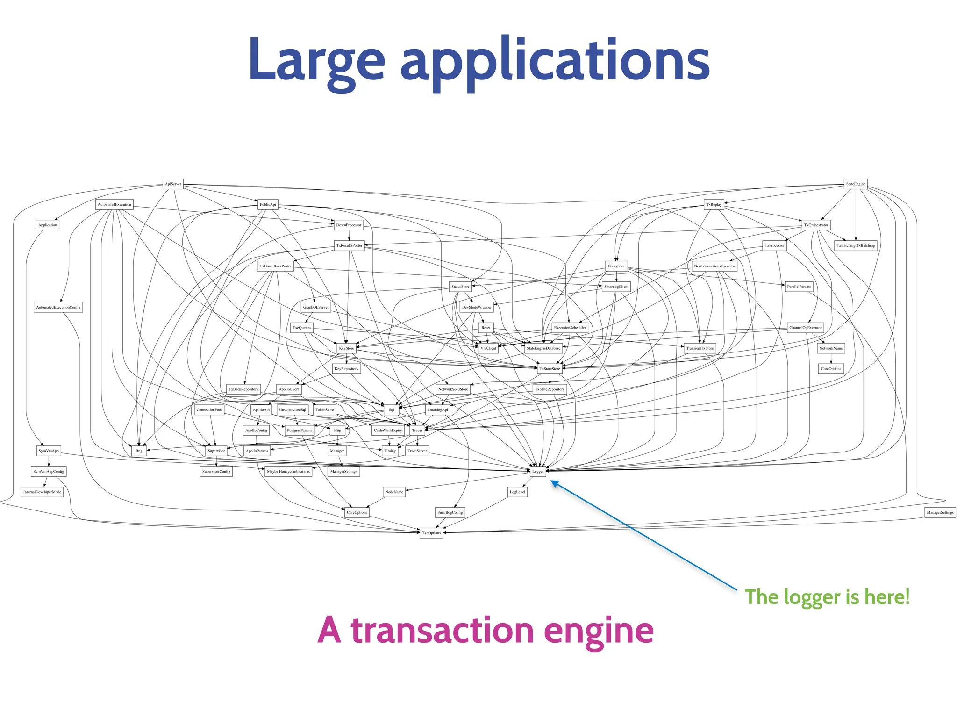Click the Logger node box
(538, 471)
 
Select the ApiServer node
(173, 184)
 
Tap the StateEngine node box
(856, 184)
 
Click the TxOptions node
(431, 533)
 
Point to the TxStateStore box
(550, 369)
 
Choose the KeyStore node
(346, 348)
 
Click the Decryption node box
(616, 266)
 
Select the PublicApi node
(268, 204)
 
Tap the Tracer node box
(417, 430)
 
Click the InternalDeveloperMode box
(42, 492)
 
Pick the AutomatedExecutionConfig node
(58, 307)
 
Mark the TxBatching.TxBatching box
(856, 245)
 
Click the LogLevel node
(517, 492)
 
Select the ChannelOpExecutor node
(805, 328)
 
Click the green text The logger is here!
(827, 597)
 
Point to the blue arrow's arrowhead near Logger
(554, 484)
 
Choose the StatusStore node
(460, 287)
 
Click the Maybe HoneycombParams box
(288, 471)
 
